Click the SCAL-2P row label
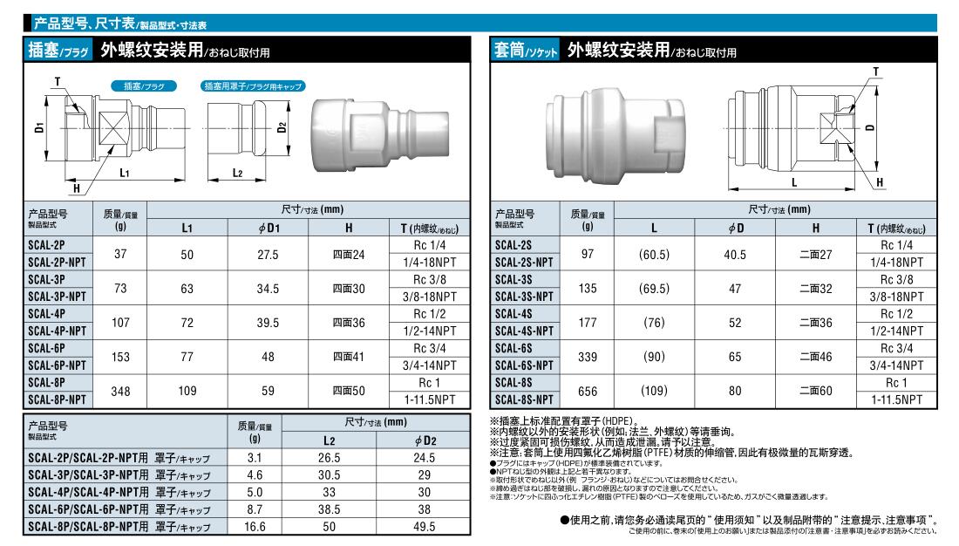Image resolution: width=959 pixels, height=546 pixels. (46, 245)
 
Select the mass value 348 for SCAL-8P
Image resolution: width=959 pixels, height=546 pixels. (120, 391)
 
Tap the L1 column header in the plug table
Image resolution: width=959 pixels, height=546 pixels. (187, 229)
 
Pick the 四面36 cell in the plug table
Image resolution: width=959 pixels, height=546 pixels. (349, 323)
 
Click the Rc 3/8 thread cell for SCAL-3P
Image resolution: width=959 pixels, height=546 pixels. (430, 280)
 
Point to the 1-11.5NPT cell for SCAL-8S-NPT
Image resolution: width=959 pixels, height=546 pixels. (896, 399)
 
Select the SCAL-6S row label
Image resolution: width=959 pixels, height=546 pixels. (514, 348)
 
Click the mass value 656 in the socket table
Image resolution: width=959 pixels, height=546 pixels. (588, 391)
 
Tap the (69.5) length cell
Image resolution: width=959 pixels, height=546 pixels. (655, 289)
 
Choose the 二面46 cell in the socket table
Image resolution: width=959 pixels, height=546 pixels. (816, 357)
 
